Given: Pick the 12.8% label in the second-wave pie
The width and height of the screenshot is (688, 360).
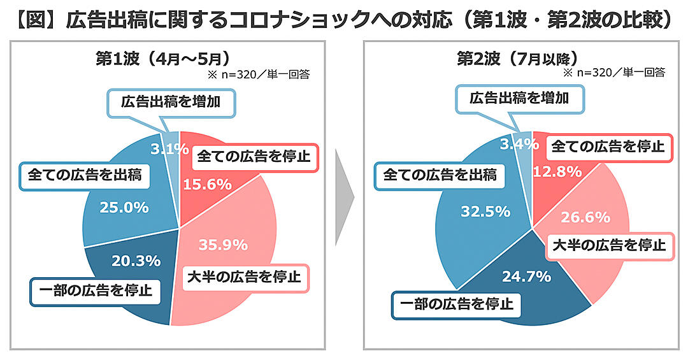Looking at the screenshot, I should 558,171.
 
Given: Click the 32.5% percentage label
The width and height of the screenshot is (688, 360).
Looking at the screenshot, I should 485,211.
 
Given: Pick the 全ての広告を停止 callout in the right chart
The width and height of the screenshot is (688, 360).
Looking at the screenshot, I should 607,147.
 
